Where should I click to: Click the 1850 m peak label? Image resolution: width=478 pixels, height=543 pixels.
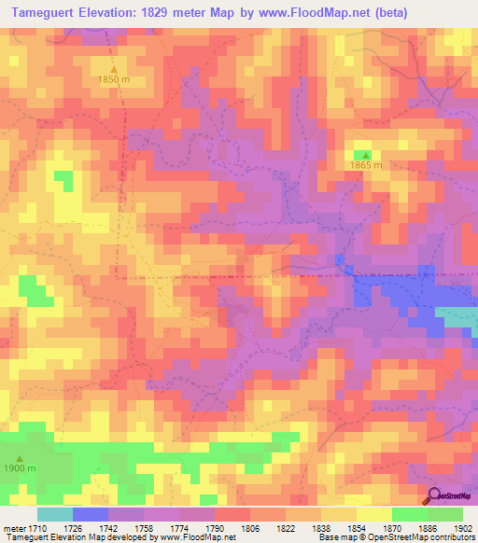coord(114,81)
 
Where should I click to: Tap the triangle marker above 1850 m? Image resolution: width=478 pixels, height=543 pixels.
coord(114,69)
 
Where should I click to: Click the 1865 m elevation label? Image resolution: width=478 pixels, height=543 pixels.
coord(366,167)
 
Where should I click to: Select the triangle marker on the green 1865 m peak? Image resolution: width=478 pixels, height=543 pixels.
coord(366,155)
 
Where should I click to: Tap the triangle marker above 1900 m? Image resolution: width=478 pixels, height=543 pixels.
coord(20,457)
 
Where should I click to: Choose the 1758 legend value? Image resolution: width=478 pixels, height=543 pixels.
coord(143,527)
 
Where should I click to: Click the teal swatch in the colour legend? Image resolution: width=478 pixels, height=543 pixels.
coord(54,514)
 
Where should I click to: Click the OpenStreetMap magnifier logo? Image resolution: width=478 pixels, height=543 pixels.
coord(435,496)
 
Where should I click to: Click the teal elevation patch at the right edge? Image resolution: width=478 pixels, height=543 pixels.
coord(459,319)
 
